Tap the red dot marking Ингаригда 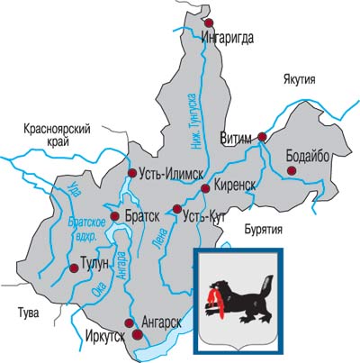pos(209,23)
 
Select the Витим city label pos(237,138)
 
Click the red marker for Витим pos(262,137)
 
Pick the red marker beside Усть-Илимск pos(132,173)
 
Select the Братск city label pos(141,216)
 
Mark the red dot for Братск pos(114,216)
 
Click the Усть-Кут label pos(203,217)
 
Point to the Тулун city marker pos(73,268)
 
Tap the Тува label pos(17,313)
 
